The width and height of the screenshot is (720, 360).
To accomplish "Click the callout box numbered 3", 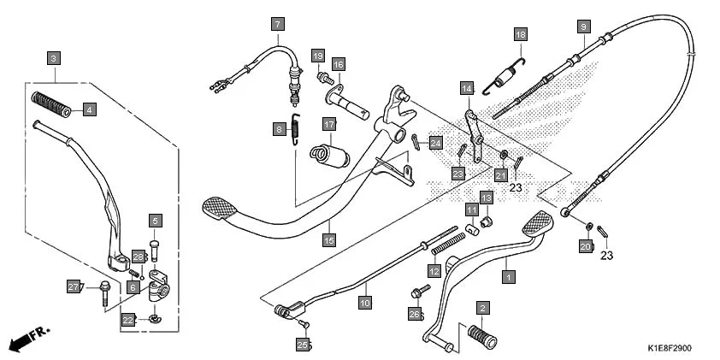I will click(54, 58).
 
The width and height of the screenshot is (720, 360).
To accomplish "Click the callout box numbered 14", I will click(467, 88).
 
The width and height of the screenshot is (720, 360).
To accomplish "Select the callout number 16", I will click(339, 65).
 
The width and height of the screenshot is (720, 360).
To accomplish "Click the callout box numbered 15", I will click(328, 241).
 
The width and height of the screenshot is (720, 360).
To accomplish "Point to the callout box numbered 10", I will click(365, 302).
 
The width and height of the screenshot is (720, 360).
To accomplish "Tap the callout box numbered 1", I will click(509, 277).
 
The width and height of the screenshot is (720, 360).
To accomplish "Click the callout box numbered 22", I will click(128, 320).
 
